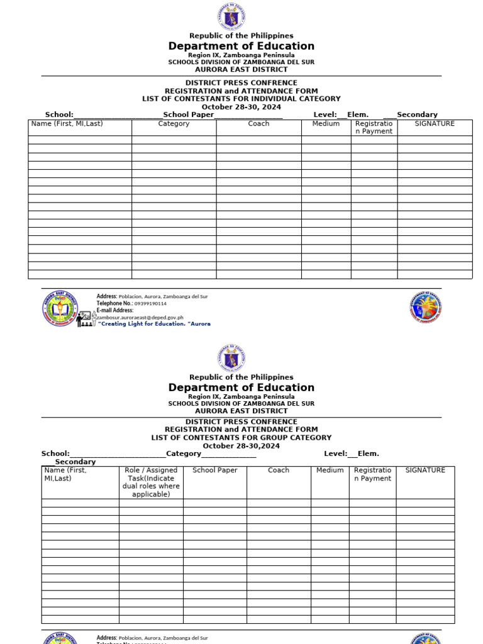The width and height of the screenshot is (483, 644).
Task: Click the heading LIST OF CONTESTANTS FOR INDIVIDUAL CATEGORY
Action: (241, 99)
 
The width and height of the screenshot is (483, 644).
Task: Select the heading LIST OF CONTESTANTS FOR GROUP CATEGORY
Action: (241, 438)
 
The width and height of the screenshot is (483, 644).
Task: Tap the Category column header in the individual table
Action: (174, 124)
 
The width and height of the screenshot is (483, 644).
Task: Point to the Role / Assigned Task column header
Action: (151, 482)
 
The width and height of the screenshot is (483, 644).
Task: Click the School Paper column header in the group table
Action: (214, 470)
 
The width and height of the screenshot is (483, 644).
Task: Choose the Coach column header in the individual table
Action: (258, 124)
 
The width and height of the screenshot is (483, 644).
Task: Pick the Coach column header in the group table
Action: (279, 470)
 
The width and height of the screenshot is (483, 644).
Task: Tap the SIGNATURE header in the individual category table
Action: (435, 124)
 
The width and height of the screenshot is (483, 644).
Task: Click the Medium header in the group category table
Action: (330, 470)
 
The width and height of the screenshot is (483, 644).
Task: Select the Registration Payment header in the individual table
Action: (374, 128)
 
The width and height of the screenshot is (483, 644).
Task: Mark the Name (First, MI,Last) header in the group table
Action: (66, 474)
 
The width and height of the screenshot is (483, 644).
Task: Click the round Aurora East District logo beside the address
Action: (59, 308)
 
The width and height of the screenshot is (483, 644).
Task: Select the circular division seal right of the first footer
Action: (426, 307)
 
